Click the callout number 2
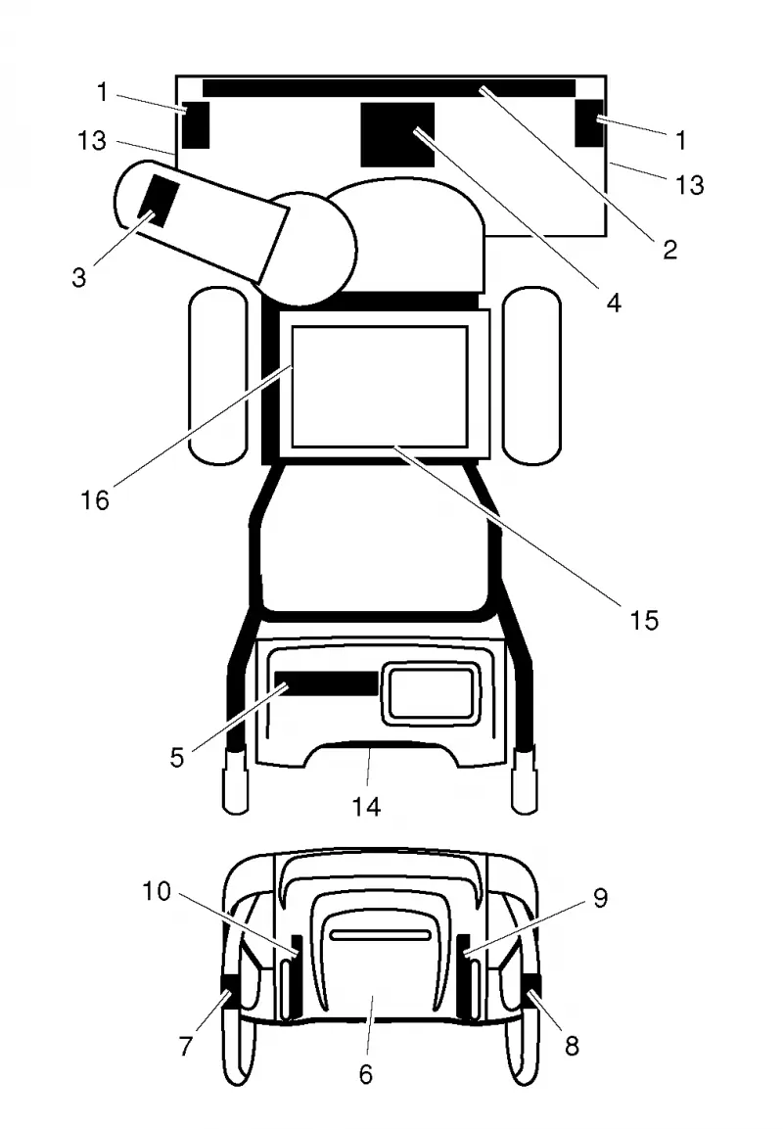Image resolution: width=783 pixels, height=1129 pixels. pos(670,250)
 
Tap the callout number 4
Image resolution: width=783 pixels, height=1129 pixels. pos(613,304)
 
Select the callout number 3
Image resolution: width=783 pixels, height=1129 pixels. pos(79,277)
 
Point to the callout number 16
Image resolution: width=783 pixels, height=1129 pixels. pos(94,499)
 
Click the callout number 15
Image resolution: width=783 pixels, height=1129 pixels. pos(644,620)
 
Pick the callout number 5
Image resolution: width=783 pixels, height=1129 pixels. pos(177,758)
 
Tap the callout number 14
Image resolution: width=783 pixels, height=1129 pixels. pos(366,807)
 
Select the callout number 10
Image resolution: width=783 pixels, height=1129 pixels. pos(157,891)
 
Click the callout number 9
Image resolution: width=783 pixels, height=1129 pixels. pos(600,898)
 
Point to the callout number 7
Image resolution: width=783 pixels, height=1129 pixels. pos(186,1046)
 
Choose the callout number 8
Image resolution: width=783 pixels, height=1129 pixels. pos(573,1046)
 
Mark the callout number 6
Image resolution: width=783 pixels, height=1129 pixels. pos(366,1074)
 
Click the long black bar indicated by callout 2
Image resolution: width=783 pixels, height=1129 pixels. pos(389,88)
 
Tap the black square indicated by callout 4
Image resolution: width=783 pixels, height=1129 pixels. pos(397,135)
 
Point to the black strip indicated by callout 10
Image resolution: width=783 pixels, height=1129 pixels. pos(296,975)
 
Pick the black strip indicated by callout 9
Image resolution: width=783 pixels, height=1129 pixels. pos(464,975)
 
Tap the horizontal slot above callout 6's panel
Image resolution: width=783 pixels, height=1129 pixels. pos(381,934)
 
